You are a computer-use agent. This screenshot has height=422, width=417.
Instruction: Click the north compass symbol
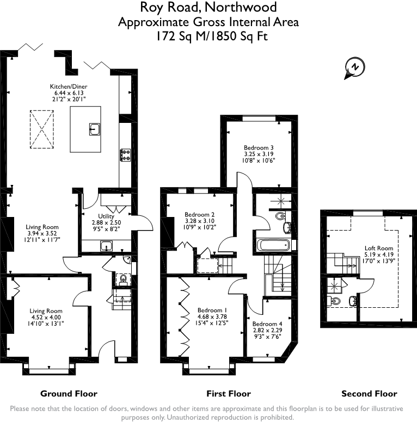tap(354, 68)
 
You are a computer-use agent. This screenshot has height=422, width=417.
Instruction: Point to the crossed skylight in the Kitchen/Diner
tap(42, 129)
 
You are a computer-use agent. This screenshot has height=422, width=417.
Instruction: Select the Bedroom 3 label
tap(258, 147)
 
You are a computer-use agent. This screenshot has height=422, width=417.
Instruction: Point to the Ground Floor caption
tap(69, 394)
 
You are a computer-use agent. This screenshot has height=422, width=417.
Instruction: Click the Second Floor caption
tap(369, 394)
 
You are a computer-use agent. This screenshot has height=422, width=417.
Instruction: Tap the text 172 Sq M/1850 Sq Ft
tap(208, 36)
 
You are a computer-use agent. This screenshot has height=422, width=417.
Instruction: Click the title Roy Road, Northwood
tap(208, 8)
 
